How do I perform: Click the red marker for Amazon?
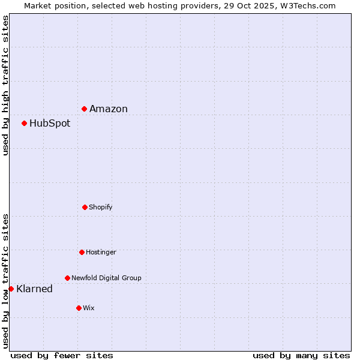[x=85, y=109]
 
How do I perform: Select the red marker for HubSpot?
[x=25, y=123]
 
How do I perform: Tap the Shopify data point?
[x=85, y=207]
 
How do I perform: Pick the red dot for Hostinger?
[x=82, y=252]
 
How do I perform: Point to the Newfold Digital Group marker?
[x=67, y=278]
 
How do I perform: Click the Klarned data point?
[x=11, y=289]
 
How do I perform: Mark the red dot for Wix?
[x=79, y=308]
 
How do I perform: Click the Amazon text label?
[x=109, y=109]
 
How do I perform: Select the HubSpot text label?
[x=50, y=124]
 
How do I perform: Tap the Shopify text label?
[x=101, y=208]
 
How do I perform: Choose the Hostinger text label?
[x=101, y=253]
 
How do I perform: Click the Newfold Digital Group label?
[x=106, y=278]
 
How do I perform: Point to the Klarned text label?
[x=34, y=289]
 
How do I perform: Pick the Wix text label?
[x=89, y=308]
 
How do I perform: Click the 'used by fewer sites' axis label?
[x=62, y=356]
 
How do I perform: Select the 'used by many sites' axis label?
[x=301, y=356]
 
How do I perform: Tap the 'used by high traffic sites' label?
[x=5, y=86]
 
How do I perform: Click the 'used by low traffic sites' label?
[x=5, y=281]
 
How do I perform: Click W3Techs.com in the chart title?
[x=310, y=5]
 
